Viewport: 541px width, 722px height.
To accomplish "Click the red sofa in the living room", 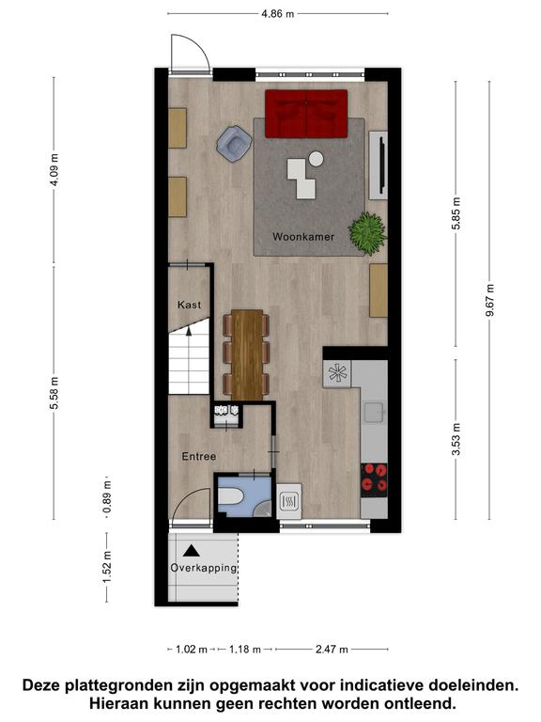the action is (306, 114).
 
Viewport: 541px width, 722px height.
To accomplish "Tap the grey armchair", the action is (234, 143).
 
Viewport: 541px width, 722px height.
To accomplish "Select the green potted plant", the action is (367, 233).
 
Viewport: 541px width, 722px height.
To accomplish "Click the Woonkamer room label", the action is (303, 237).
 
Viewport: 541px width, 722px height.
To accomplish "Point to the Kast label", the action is (189, 305).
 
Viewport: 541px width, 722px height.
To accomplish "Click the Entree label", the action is (199, 456).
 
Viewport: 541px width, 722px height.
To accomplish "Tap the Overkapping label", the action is (203, 568).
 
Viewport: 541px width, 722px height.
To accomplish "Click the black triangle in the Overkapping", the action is (192, 550).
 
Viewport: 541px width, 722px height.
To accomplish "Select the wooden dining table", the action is (247, 354).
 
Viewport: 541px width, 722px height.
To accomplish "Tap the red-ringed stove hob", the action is (374, 479).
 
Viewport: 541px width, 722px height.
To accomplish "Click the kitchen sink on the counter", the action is (375, 412).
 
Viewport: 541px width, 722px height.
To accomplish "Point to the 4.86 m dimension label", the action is (278, 13).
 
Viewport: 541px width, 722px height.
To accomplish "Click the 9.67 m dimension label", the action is (490, 300).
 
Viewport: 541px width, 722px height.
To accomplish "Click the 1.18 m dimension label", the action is (245, 650).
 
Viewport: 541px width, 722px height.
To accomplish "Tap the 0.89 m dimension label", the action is (107, 497).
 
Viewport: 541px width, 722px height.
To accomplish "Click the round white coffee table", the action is (316, 159).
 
